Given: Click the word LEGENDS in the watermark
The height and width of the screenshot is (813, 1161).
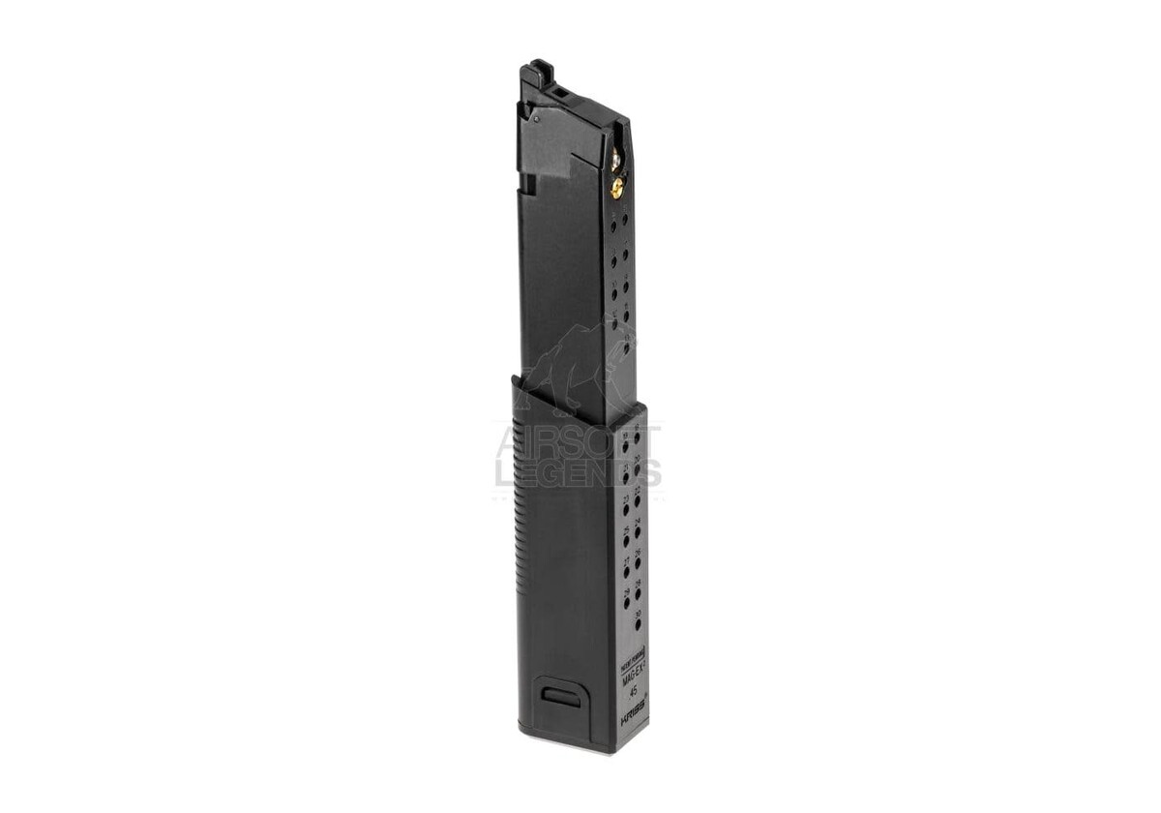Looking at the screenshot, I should [x=578, y=473].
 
